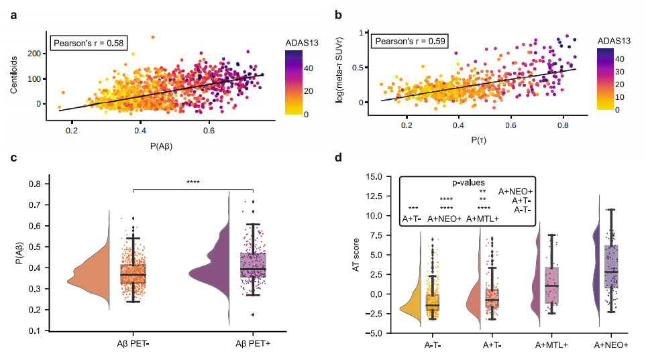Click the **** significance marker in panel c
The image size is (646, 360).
[x=193, y=181]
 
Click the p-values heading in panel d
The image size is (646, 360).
[x=468, y=182]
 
